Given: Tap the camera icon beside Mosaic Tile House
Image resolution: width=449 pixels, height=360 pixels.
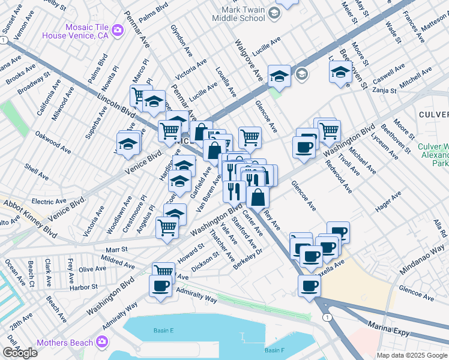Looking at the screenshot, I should pyautogui.click(x=118, y=31).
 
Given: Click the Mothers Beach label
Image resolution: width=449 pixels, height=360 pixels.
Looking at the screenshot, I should pyautogui.click(x=65, y=343).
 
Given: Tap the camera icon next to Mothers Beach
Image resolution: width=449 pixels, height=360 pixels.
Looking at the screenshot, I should pyautogui.click(x=102, y=342).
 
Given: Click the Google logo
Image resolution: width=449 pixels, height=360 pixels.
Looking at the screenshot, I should pyautogui.click(x=20, y=353).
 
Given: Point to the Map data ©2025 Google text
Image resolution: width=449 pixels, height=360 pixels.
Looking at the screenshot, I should pyautogui.click(x=412, y=355).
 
